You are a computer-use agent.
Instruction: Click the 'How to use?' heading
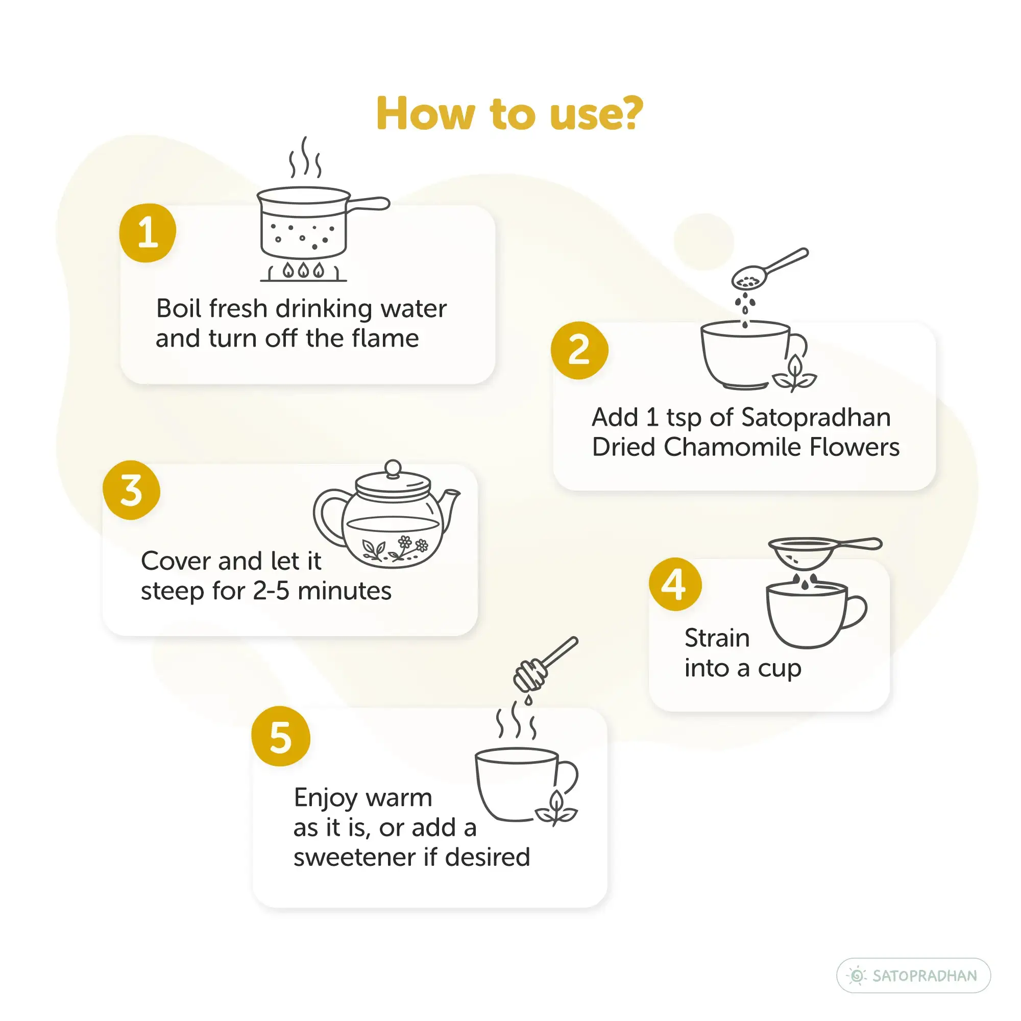[509, 113]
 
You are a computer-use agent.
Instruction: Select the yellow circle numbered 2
[579, 350]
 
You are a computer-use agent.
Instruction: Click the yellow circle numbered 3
[132, 490]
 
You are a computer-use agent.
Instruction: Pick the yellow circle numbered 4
[675, 584]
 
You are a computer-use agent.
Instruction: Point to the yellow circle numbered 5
[281, 736]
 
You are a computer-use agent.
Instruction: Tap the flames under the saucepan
[303, 270]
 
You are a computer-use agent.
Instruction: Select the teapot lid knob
[393, 469]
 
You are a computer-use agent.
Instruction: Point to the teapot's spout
[450, 507]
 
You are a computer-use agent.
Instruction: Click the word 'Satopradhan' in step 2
[816, 418]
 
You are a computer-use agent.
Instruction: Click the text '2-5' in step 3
[271, 591]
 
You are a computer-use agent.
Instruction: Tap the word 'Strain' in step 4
[717, 638]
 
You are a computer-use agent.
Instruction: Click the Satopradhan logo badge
[913, 975]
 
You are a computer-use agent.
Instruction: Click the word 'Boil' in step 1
[179, 308]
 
